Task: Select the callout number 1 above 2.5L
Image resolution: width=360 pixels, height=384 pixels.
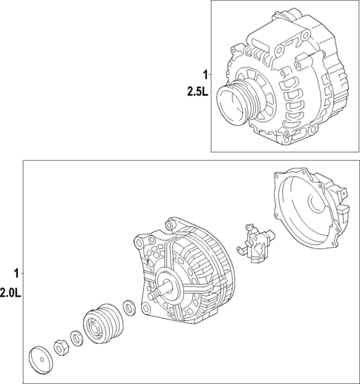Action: [x=205, y=74]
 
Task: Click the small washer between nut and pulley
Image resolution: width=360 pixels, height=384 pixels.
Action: [x=77, y=335]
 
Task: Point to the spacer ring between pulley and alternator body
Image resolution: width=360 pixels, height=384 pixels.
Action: [x=127, y=306]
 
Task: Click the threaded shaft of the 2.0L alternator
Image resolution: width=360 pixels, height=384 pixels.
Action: [x=154, y=295]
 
